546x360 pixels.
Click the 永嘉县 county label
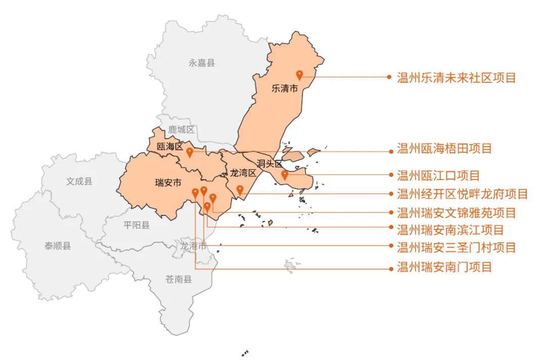point(202,63)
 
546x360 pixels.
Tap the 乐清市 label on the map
point(285,88)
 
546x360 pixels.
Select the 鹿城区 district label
point(181,130)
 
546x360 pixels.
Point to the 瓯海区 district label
point(169,147)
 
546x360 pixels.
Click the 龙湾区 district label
point(243,172)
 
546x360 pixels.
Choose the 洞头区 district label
point(269,163)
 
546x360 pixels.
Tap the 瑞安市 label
point(168,183)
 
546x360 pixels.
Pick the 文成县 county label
point(79,181)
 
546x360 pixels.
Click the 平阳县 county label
point(136,225)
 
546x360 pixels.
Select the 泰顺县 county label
point(58,246)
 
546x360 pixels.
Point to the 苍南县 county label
point(178,279)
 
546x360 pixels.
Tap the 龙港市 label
point(194,246)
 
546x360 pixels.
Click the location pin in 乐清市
point(299,75)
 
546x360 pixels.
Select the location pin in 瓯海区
point(190,152)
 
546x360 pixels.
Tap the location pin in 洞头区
point(285,175)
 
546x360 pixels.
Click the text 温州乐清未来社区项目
point(456,78)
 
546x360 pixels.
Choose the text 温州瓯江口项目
point(438,176)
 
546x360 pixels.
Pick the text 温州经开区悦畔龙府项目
point(462,194)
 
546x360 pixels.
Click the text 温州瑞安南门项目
point(444,267)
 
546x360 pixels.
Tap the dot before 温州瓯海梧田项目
point(389,151)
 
